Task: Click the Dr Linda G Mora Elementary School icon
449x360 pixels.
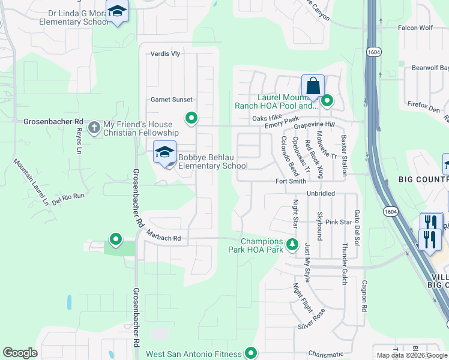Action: point(117,11)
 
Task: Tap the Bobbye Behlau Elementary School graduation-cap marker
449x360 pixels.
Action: point(164,152)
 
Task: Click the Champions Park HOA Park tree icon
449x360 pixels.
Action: point(292,244)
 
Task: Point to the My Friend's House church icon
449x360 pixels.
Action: point(94,127)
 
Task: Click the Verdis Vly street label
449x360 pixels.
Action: point(165,53)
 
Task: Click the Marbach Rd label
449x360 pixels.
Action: point(164,238)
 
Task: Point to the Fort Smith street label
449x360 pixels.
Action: point(291,181)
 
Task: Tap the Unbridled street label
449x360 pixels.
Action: point(321,194)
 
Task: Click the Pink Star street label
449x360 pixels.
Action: point(338,222)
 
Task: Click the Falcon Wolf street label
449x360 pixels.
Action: point(415,28)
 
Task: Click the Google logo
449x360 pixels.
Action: point(20,353)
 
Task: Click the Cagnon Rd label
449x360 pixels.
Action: point(364,297)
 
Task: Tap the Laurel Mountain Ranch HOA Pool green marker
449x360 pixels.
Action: point(327,101)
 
